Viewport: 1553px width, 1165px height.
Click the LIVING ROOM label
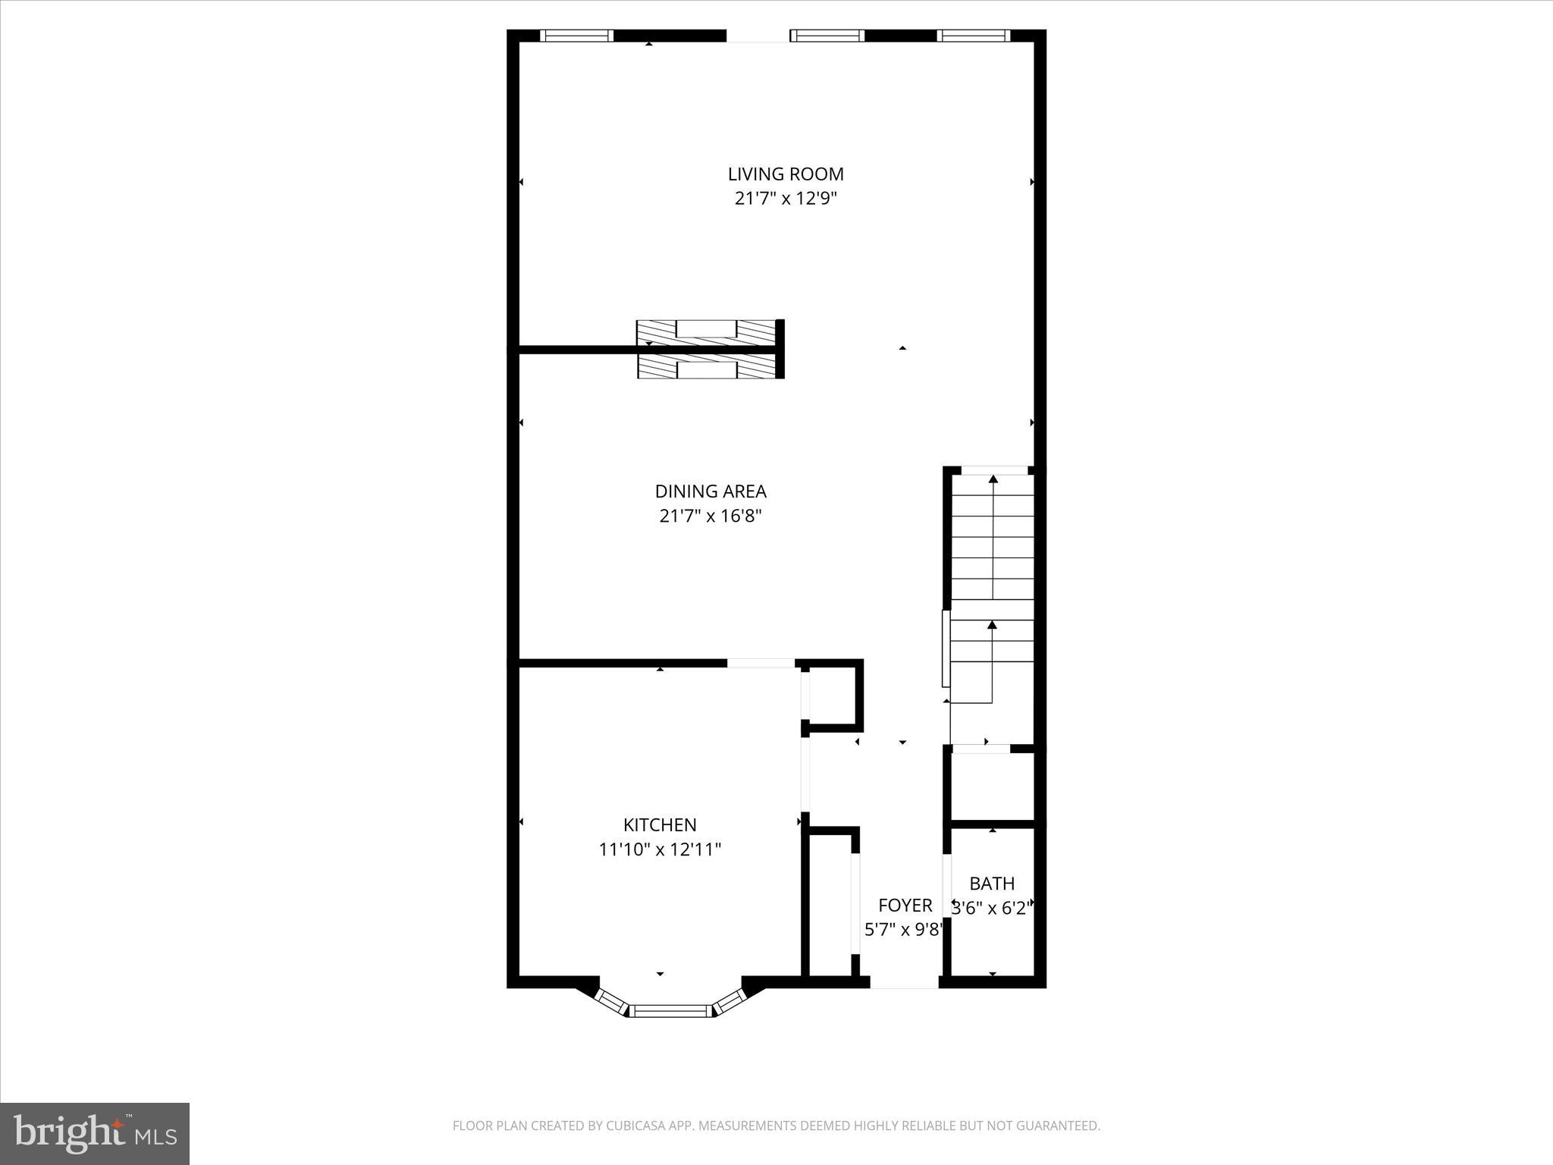coord(786,174)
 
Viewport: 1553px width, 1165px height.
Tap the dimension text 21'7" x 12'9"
coord(786,199)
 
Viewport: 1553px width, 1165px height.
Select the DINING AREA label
coord(711,491)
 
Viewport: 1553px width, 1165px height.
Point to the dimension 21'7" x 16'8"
coord(711,517)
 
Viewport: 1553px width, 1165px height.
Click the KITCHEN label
coord(660,824)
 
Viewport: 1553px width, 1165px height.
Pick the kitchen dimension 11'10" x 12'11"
coord(660,849)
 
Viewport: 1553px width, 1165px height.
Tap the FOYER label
coord(905,905)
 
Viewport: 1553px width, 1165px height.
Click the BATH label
coord(992,884)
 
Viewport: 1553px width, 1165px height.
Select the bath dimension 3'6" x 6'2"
coord(992,908)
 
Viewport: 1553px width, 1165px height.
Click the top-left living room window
coord(576,36)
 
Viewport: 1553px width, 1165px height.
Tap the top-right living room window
coord(974,36)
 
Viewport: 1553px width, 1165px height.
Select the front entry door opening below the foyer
coord(904,982)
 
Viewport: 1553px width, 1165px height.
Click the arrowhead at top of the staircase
coord(993,479)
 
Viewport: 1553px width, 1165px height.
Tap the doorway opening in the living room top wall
coord(758,36)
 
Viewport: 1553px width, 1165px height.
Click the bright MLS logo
coord(95,1132)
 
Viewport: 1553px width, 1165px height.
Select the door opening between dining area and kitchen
coord(761,663)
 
